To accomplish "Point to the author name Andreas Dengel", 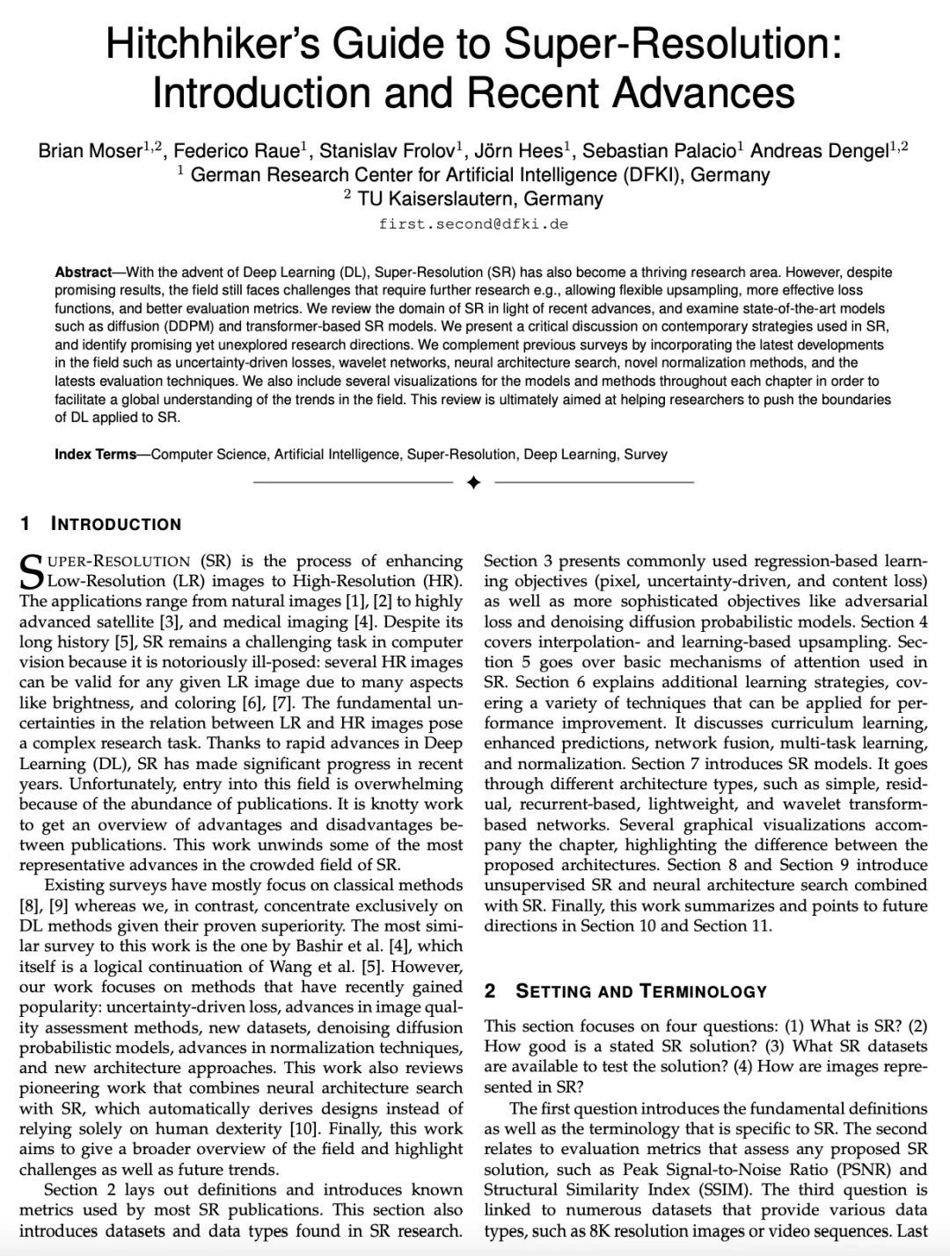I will click(x=818, y=151).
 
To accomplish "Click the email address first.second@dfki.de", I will click(x=473, y=223).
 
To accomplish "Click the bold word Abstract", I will click(x=83, y=272).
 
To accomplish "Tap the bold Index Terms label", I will click(x=95, y=454).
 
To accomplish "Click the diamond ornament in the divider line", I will click(x=473, y=482).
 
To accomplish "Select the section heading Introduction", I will click(x=116, y=525).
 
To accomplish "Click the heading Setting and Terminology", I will click(x=641, y=991).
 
